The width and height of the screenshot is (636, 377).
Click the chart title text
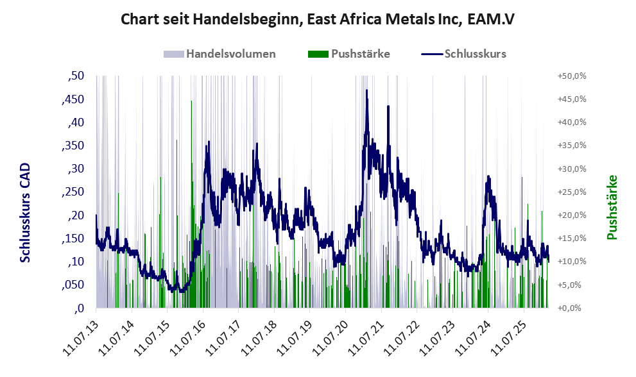[318, 19]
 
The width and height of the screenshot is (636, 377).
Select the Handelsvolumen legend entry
[230, 54]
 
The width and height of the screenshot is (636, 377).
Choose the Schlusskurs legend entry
[475, 54]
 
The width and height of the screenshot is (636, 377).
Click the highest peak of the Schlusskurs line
[366, 90]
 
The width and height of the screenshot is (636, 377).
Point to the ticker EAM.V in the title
[490, 19]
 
